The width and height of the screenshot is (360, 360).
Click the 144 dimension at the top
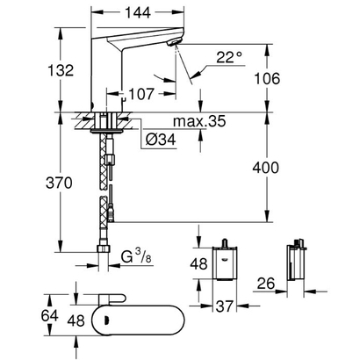(x=136, y=14)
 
